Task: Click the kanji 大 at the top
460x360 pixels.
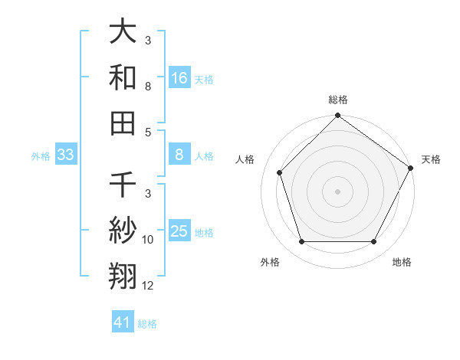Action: click(123, 33)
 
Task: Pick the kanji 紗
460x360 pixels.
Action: click(123, 231)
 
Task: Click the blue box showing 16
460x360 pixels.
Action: click(179, 78)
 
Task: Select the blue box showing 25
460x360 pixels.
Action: click(179, 231)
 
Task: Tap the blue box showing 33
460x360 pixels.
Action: click(66, 155)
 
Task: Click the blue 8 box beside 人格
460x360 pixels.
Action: click(179, 155)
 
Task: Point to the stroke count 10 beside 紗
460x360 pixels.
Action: click(148, 240)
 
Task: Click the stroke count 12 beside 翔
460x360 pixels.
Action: click(148, 286)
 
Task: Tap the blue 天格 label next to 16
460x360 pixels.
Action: click(204, 79)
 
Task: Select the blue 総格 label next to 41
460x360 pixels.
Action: click(147, 323)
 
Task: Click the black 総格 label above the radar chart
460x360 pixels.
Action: click(338, 100)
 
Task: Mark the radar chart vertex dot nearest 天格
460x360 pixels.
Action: click(412, 168)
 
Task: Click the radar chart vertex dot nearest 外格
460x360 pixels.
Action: click(301, 242)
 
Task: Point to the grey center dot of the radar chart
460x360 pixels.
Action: click(338, 191)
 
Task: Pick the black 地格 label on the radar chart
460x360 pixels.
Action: click(402, 263)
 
